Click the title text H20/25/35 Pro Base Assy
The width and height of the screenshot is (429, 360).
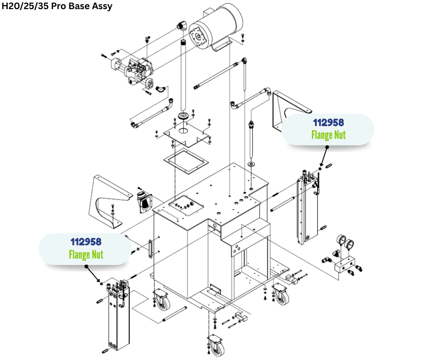coord(57,6)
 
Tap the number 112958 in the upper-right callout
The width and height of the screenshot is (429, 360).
coord(328,122)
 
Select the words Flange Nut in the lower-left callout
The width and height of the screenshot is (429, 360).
coord(86,254)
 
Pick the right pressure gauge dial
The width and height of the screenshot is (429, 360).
coord(352,244)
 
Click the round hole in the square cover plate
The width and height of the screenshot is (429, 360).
coord(183,131)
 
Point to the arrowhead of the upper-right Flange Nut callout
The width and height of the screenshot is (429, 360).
coord(321,166)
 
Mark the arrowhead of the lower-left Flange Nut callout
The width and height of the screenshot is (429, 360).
coord(99,281)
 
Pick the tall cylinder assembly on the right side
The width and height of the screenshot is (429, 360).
coord(306,208)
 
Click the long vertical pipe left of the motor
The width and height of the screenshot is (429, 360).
coord(185,75)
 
